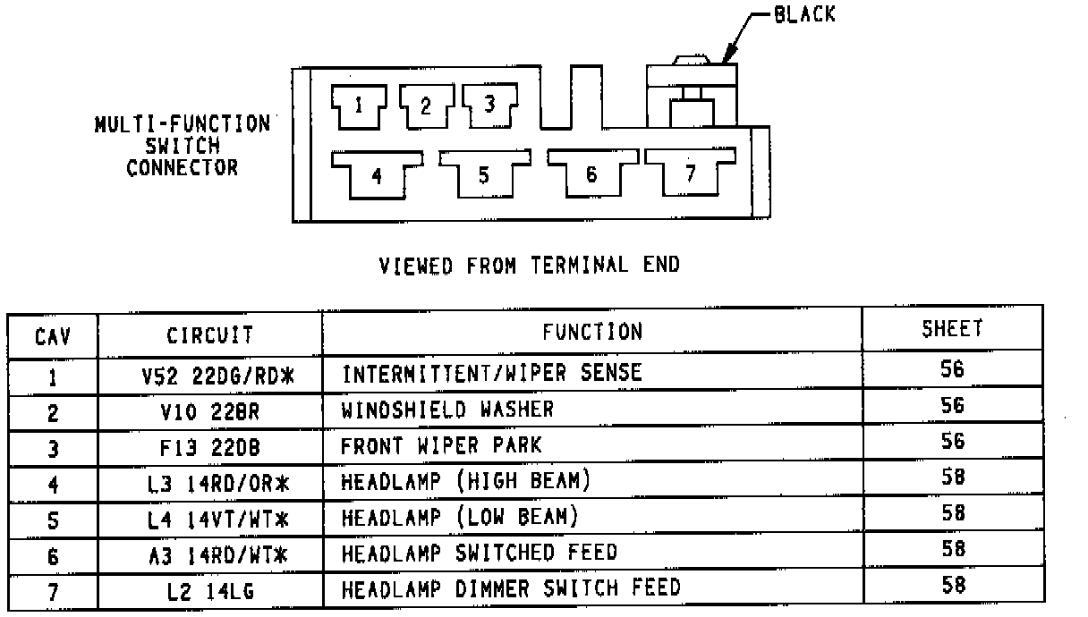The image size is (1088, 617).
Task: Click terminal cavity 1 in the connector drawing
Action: tap(358, 106)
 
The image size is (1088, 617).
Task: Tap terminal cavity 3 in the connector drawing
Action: tap(489, 104)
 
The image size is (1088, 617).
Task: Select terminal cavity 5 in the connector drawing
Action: tap(483, 174)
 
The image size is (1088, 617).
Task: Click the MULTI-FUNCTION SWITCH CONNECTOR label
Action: tap(183, 145)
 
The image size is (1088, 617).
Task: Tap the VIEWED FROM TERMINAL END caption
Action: tap(529, 265)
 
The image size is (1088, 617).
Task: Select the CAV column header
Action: tap(53, 336)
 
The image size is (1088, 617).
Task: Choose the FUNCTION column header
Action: tap(591, 332)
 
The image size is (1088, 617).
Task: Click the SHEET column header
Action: tap(952, 329)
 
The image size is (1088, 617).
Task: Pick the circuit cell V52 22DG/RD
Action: tap(217, 376)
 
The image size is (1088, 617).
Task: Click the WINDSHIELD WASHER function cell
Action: tap(447, 410)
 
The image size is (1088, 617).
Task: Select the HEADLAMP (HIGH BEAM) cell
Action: tap(466, 481)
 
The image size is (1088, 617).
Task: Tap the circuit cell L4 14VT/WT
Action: tap(218, 519)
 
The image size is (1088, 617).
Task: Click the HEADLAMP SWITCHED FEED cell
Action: tap(479, 553)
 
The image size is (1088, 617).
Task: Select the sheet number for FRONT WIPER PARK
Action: tap(952, 441)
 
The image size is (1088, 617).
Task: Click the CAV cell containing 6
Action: tap(53, 556)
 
